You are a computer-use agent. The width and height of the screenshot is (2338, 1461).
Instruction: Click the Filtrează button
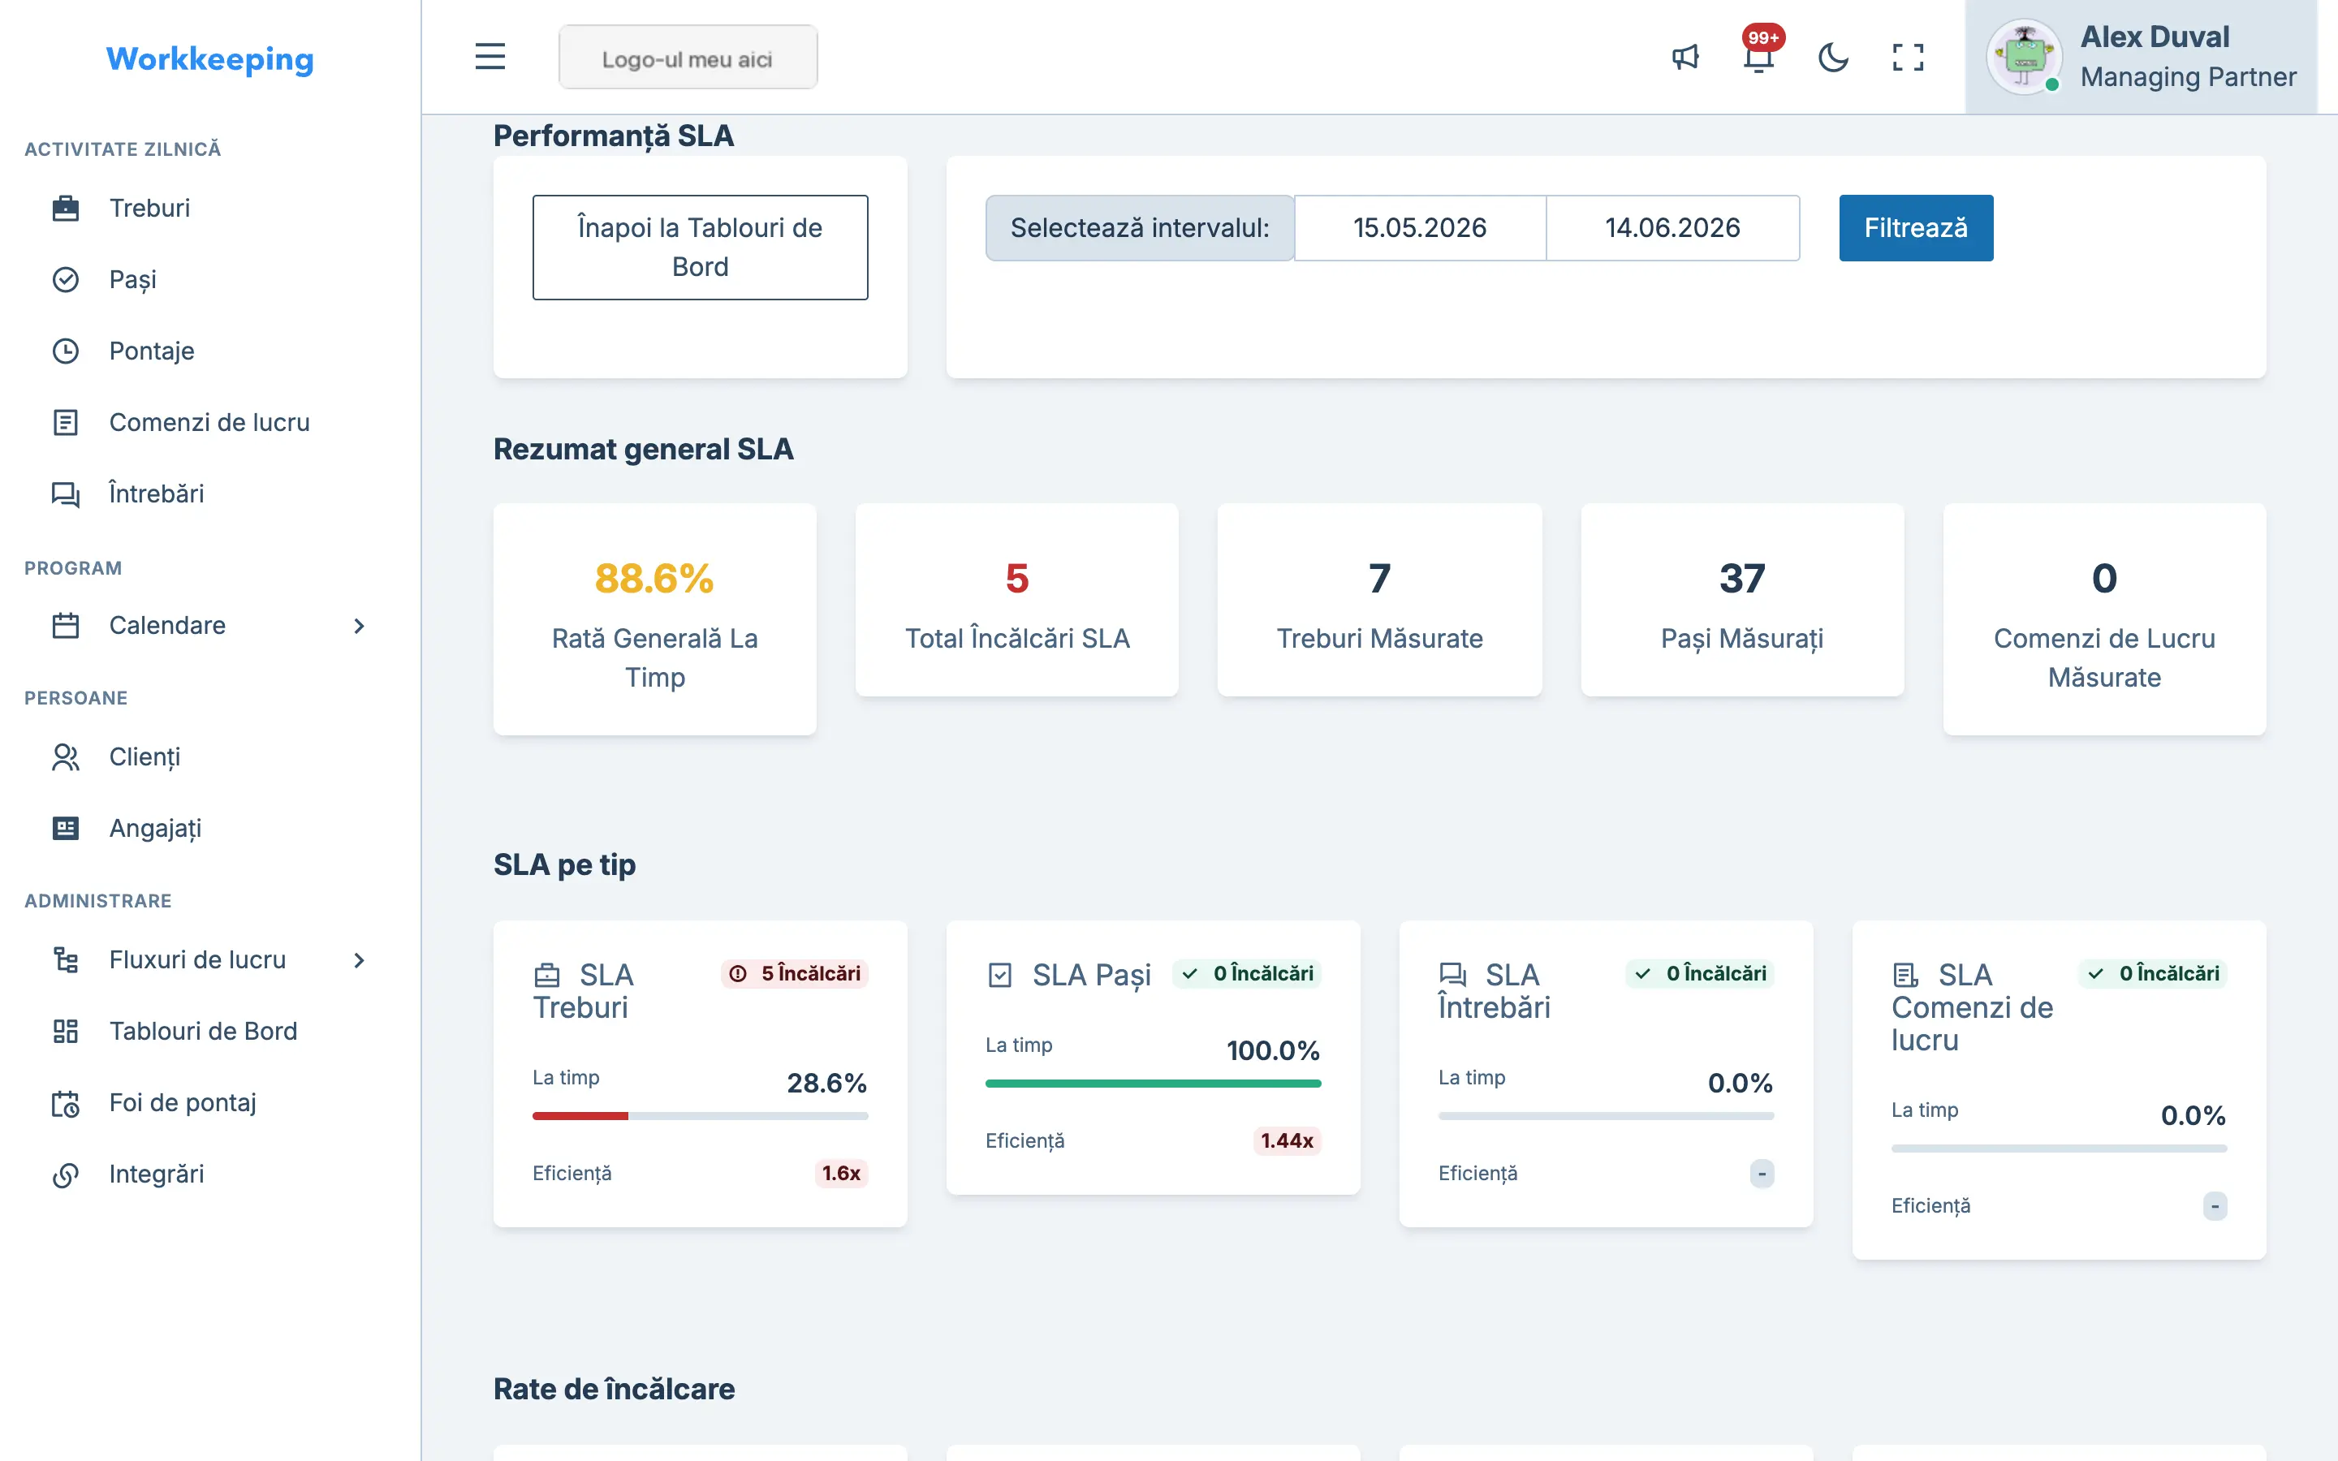[1916, 228]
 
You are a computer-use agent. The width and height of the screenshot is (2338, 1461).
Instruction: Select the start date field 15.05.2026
[1419, 228]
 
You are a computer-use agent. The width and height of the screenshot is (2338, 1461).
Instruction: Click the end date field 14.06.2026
[1672, 228]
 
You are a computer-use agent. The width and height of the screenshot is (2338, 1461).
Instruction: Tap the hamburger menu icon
[490, 57]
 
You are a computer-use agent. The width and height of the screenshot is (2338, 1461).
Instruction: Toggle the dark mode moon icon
[1833, 57]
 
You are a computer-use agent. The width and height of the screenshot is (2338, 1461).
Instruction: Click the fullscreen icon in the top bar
[1907, 57]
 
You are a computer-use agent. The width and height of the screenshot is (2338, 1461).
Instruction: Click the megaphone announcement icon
[1685, 57]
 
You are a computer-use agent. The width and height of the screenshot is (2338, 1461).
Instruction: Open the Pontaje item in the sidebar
[152, 351]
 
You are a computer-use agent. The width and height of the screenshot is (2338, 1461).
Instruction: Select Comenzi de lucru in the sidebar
[209, 422]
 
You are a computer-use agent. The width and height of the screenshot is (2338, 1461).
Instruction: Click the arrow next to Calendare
[360, 626]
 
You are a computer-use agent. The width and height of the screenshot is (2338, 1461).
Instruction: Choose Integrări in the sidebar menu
[157, 1174]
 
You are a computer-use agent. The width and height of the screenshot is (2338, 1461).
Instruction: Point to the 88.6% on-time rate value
[654, 579]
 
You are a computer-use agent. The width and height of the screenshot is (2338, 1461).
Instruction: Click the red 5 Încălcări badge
[794, 973]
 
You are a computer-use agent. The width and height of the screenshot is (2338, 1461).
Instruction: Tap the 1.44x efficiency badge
[1287, 1140]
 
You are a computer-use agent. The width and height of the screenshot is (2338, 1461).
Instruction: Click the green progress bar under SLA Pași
[1153, 1084]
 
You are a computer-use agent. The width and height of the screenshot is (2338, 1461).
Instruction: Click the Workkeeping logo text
[209, 59]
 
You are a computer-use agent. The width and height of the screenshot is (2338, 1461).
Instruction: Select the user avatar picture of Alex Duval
[2024, 57]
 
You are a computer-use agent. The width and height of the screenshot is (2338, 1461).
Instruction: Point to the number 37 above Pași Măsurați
[1742, 579]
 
